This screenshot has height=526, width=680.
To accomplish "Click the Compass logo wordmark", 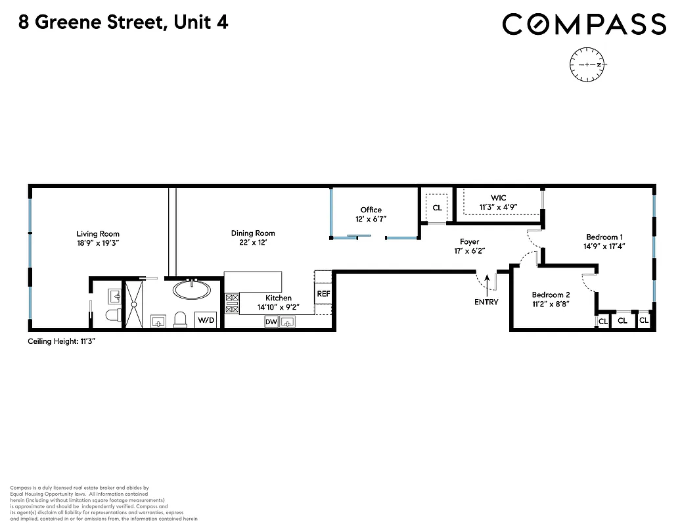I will click(x=584, y=24).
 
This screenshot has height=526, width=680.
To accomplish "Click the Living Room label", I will click(x=98, y=233).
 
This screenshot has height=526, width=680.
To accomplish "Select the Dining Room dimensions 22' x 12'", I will click(x=253, y=243).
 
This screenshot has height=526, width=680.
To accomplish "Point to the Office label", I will click(x=371, y=210).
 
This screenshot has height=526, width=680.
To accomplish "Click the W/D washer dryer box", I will click(x=206, y=320).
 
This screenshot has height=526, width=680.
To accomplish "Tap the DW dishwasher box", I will click(x=271, y=322).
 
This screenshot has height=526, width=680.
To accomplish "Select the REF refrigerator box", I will click(x=323, y=294).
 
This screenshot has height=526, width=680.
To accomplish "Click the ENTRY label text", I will click(x=486, y=302).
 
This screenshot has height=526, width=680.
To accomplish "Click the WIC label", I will click(x=498, y=198).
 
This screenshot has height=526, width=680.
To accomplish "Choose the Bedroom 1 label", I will click(x=604, y=237).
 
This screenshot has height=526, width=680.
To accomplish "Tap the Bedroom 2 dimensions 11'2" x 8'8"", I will click(x=551, y=304).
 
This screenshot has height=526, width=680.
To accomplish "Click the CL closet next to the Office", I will click(x=437, y=208).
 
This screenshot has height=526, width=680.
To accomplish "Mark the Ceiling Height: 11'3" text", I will click(x=62, y=341).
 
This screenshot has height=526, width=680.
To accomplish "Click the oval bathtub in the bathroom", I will click(x=192, y=289).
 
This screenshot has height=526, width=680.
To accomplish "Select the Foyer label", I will click(x=469, y=242).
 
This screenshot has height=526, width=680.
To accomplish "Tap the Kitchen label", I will click(x=279, y=298).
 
